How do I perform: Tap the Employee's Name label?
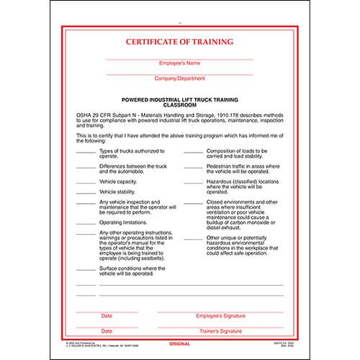179,64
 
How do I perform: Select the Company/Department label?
179,77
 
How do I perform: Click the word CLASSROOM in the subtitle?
179,104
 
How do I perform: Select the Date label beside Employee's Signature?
107,316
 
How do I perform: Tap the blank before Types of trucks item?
85,153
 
